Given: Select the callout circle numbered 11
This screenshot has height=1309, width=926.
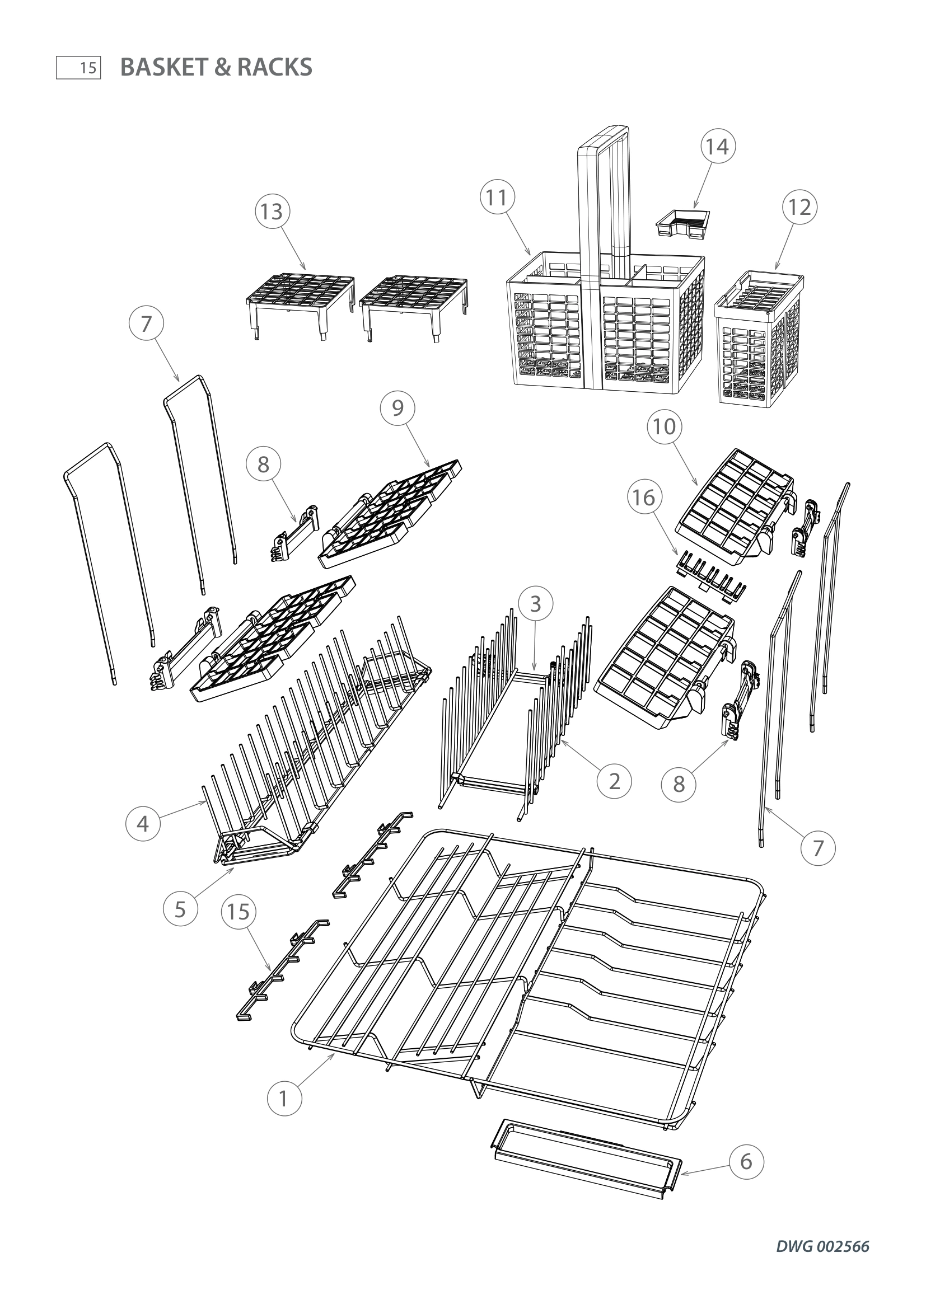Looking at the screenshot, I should (x=497, y=198).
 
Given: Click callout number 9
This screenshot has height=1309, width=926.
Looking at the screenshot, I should (x=397, y=408).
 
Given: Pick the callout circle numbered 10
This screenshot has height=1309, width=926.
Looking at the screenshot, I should (x=665, y=426).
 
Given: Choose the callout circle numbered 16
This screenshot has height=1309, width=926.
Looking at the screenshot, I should (x=644, y=498).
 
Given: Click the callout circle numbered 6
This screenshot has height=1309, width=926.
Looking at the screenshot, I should (x=746, y=1161).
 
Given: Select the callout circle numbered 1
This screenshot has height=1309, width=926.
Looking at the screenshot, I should (x=284, y=1098).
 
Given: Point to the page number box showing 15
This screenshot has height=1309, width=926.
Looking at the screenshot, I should (x=79, y=68).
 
